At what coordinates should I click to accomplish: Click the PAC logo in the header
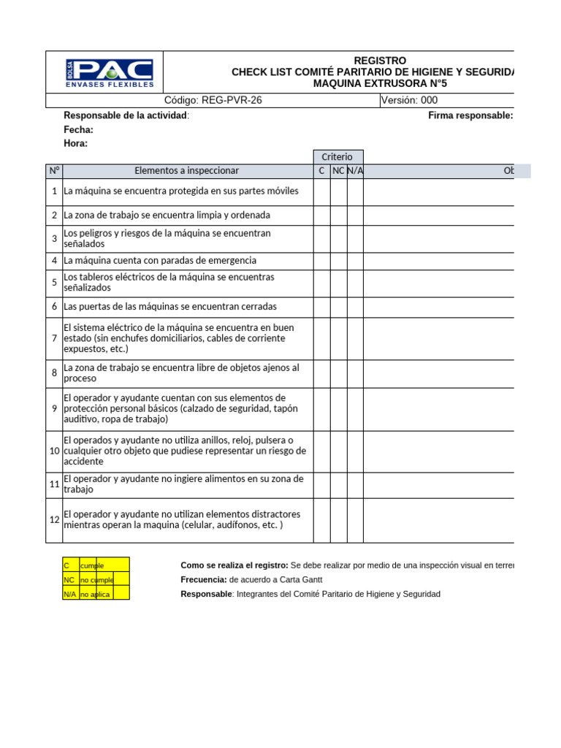[x=109, y=72]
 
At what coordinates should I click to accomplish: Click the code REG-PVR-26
[x=213, y=101]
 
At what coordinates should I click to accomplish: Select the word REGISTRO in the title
[x=380, y=60]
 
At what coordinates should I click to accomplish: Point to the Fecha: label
[x=79, y=129]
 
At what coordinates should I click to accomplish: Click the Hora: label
[x=76, y=143]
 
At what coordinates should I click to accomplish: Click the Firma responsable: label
[x=470, y=115]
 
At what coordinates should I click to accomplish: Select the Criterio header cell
[x=338, y=157]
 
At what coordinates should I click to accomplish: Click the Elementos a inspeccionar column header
[x=187, y=171]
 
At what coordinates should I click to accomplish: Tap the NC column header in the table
[x=338, y=171]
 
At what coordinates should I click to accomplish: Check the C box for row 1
[x=321, y=191]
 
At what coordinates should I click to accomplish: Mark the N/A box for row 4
[x=355, y=261]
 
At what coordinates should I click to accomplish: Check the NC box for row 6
[x=338, y=307]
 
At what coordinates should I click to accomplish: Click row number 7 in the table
[x=54, y=338]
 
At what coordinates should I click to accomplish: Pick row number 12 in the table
[x=54, y=520]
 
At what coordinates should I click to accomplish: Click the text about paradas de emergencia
[x=160, y=261]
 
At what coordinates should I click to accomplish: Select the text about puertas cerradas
[x=170, y=307]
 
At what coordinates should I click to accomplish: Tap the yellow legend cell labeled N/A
[x=71, y=594]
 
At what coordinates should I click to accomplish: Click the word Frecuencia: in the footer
[x=205, y=580]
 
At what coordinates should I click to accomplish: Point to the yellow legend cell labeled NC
[x=71, y=580]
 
